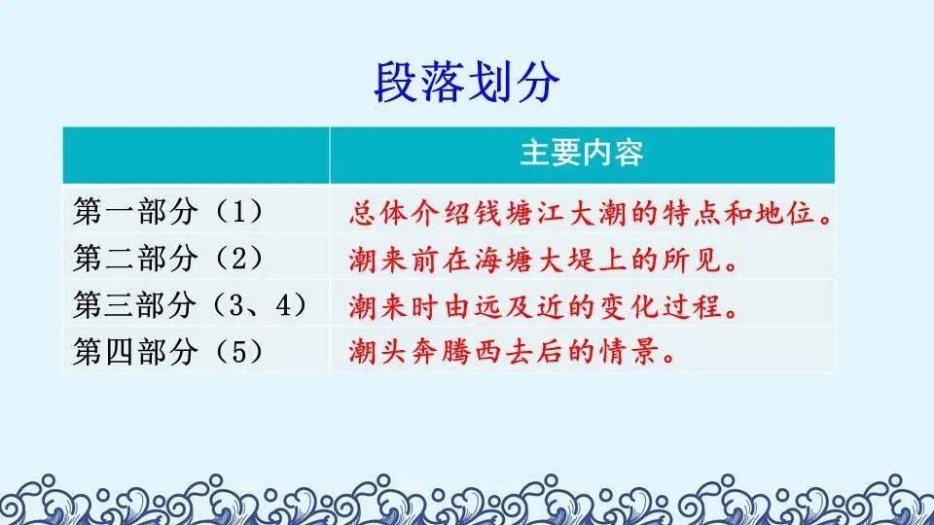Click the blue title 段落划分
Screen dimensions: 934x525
pos(467,82)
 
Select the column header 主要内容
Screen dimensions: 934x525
pos(582,153)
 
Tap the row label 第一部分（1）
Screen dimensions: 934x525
pos(168,211)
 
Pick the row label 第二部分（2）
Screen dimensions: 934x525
pos(168,259)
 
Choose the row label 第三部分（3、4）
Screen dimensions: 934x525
pos(191,304)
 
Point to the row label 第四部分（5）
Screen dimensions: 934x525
pos(168,351)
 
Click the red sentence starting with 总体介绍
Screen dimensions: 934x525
pos(591,213)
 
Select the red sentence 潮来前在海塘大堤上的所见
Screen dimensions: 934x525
pos(543,260)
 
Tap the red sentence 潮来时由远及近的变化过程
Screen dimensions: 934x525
pos(543,306)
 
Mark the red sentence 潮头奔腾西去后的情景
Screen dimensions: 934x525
pos(513,352)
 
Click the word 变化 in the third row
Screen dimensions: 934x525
pos(629,306)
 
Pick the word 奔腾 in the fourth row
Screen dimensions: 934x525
pos(443,352)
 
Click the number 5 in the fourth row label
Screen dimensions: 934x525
pos(237,352)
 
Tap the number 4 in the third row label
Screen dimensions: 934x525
pos(283,305)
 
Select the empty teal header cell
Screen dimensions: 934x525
pos(196,155)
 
